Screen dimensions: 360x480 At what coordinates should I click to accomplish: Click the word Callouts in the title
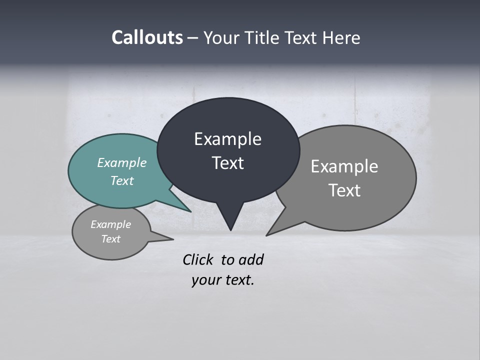click(147, 37)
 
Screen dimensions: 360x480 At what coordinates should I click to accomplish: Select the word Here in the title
click(342, 37)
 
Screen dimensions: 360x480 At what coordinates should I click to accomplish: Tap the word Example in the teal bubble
click(121, 162)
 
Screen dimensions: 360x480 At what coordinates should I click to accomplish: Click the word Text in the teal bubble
click(121, 180)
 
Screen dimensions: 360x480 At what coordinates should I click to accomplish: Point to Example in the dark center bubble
click(227, 139)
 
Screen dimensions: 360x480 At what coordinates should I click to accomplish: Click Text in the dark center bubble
click(227, 163)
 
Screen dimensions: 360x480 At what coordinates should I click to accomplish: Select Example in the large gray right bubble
click(344, 166)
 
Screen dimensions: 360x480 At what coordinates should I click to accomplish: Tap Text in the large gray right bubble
click(344, 190)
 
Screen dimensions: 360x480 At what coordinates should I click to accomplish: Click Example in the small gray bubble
click(110, 224)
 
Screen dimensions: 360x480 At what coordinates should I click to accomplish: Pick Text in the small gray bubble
click(110, 239)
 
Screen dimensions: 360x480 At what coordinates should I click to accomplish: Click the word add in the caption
click(251, 259)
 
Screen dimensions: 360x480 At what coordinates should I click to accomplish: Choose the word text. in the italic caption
click(238, 280)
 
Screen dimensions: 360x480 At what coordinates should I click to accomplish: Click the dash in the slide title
click(193, 38)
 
